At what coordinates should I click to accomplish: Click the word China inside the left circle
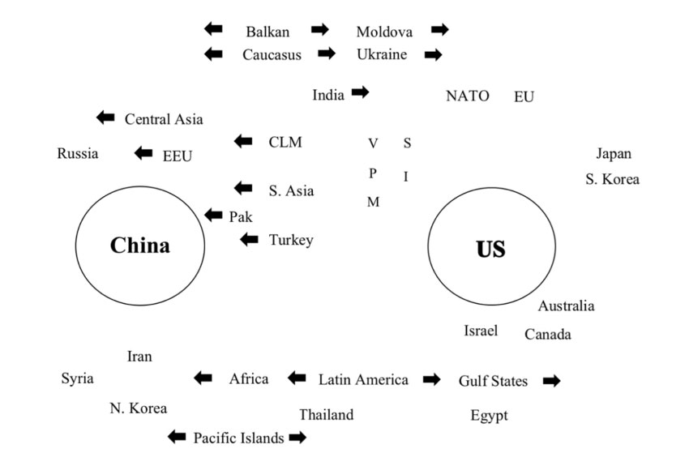point(139,246)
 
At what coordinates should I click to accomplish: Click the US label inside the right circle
point(490,249)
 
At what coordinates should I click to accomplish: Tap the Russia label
point(78,153)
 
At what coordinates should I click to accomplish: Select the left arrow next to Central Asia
point(105,117)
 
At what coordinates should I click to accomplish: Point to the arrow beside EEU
point(143,152)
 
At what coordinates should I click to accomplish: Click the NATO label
point(468,96)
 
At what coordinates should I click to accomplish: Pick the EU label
point(524,96)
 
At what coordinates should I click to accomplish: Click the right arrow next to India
point(360,92)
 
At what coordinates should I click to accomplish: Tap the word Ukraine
point(382,54)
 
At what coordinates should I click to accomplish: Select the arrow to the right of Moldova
point(439,30)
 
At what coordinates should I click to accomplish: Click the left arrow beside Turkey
point(250,239)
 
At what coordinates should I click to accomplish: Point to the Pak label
point(242,216)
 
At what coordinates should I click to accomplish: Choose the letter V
point(373,143)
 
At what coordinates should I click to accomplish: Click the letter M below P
point(373,202)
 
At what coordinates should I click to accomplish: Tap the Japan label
point(614,154)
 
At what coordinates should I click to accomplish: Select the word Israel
point(481,330)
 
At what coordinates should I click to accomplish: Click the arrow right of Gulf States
point(551,380)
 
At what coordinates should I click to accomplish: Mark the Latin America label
point(363,379)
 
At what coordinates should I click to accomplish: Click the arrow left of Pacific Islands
point(176,437)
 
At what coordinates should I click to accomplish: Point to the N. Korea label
point(138,408)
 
